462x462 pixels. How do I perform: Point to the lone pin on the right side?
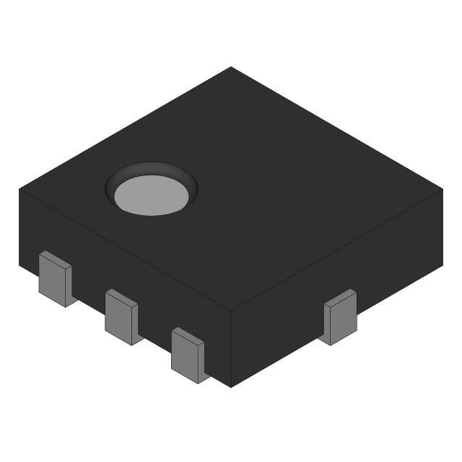tap(340, 317)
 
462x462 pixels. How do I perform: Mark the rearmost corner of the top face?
tap(231, 67)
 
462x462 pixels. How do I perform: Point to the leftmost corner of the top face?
tap(19, 189)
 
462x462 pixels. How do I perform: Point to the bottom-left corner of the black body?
tap(20, 265)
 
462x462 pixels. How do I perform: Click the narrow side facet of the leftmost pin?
tap(69, 286)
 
